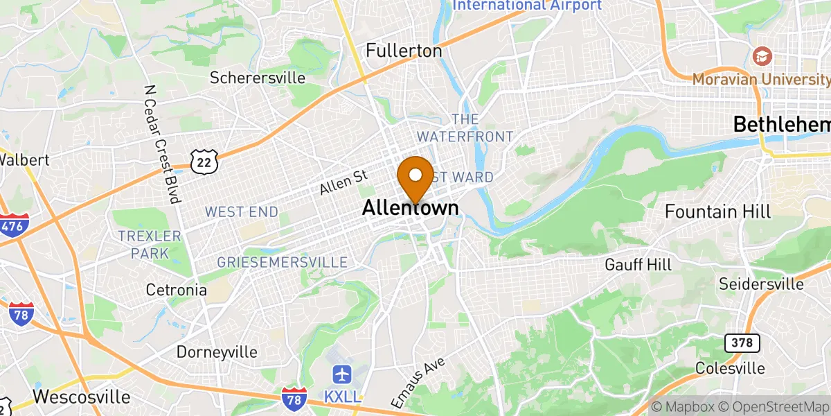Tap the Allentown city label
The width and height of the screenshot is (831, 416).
pyautogui.click(x=410, y=208)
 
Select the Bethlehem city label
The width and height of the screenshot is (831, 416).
pyautogui.click(x=782, y=125)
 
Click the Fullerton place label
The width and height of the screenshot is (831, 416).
pyautogui.click(x=404, y=51)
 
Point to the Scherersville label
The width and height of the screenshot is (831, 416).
pyautogui.click(x=258, y=78)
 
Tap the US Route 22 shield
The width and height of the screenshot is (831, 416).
pyautogui.click(x=205, y=162)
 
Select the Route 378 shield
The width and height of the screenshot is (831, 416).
pyautogui.click(x=742, y=343)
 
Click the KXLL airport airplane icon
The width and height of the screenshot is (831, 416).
pyautogui.click(x=342, y=375)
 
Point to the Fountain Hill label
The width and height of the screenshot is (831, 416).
pyautogui.click(x=717, y=211)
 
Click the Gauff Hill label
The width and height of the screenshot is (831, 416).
pyautogui.click(x=637, y=264)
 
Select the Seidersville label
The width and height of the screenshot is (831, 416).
pyautogui.click(x=761, y=284)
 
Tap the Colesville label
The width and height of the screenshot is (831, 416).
pyautogui.click(x=730, y=367)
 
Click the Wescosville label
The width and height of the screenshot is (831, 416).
pyautogui.click(x=81, y=397)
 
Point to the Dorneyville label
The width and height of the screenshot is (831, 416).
pyautogui.click(x=217, y=352)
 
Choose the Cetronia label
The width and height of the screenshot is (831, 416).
pyautogui.click(x=176, y=289)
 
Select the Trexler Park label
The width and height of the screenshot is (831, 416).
pyautogui.click(x=149, y=245)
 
